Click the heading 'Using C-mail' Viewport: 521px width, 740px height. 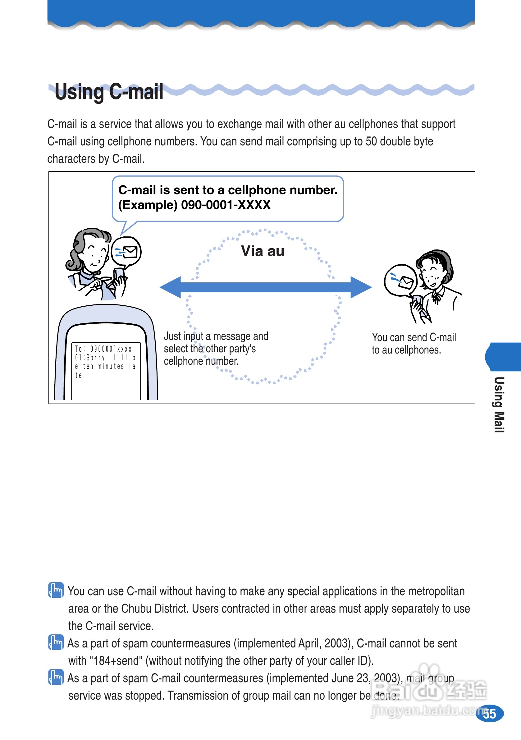(109, 92)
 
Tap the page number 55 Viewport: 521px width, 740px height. (489, 714)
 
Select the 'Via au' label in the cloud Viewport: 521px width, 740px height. (263, 251)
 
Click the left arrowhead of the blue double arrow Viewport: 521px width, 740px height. (171, 287)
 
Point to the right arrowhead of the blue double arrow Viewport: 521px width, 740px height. (360, 287)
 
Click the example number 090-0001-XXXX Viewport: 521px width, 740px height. (226, 205)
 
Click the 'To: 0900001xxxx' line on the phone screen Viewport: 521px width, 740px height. (103, 349)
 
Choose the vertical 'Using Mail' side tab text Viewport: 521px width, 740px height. (499, 404)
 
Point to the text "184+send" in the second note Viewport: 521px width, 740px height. (116, 661)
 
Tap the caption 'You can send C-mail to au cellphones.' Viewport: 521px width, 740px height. (414, 344)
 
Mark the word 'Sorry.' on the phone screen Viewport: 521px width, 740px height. (96, 358)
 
